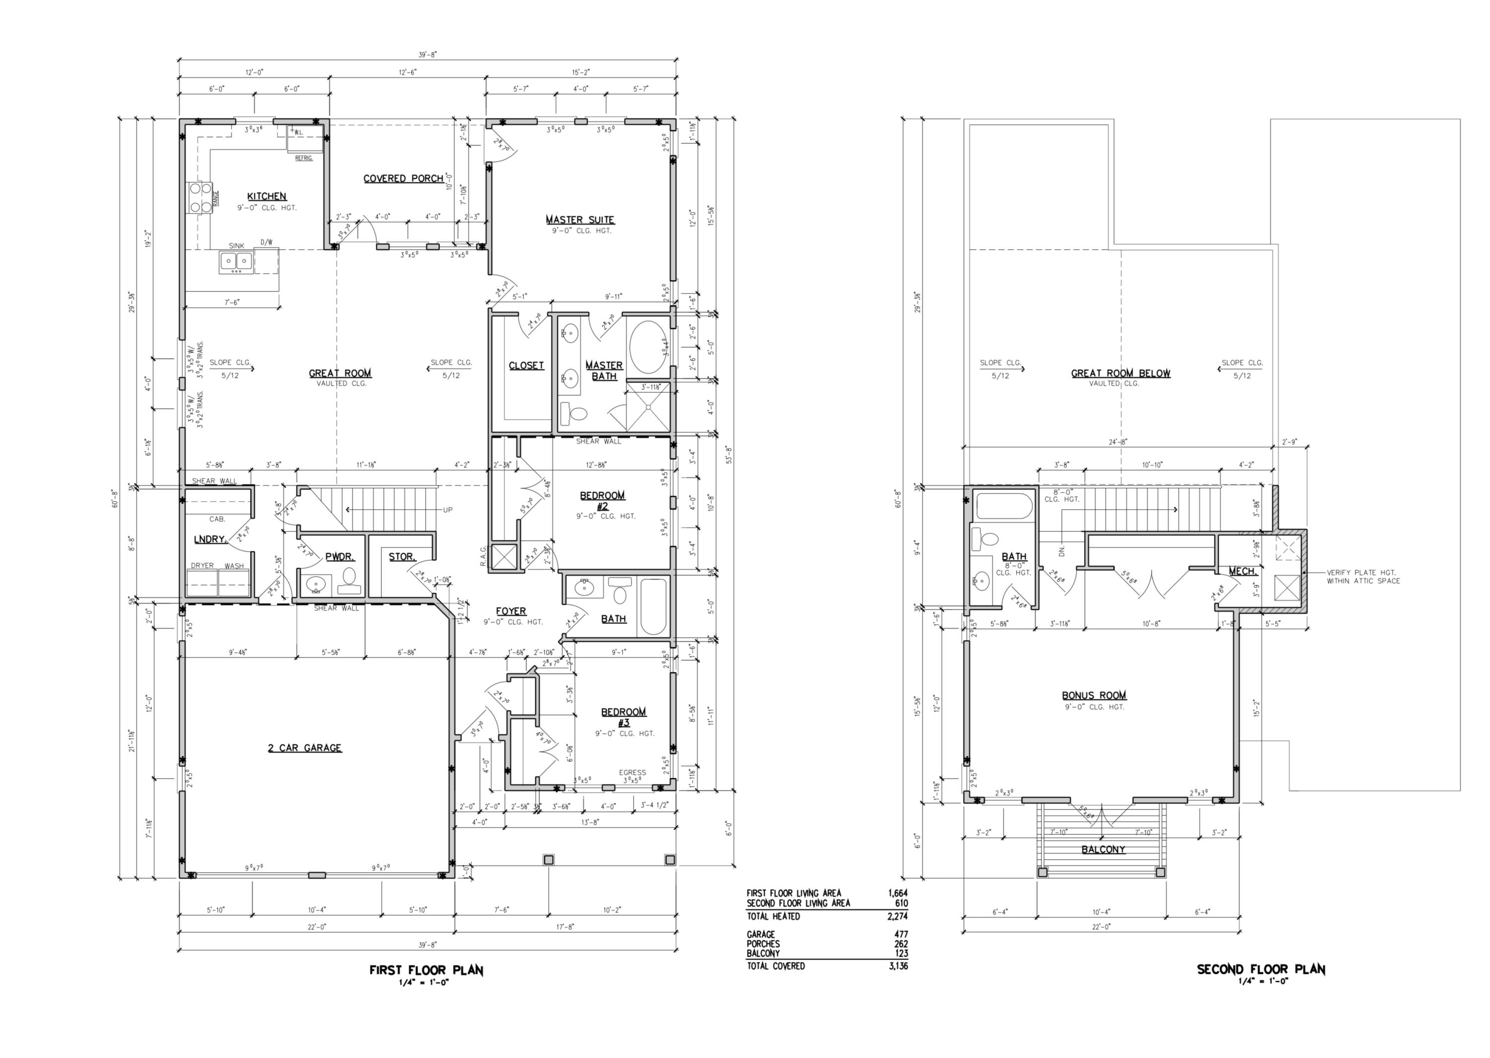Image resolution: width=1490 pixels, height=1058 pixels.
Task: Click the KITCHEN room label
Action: click(x=266, y=196)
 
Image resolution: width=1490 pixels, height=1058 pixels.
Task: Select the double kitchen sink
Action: click(x=236, y=262)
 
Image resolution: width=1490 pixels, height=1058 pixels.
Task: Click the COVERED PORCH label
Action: click(x=403, y=178)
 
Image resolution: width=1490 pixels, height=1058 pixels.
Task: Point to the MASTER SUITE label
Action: click(x=580, y=220)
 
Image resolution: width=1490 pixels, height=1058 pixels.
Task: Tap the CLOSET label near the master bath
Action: click(x=526, y=366)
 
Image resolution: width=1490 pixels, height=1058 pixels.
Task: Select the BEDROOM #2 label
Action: click(x=602, y=500)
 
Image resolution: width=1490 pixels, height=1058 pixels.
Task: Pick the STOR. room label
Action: click(x=402, y=556)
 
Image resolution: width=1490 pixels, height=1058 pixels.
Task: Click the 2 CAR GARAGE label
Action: click(x=304, y=748)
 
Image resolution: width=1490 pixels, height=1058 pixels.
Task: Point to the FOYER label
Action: click(x=511, y=611)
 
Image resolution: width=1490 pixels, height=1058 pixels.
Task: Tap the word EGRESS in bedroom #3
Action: click(x=632, y=773)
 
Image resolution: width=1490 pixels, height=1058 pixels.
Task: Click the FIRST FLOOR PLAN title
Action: click(x=426, y=970)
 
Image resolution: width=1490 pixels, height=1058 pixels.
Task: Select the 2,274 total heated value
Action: click(x=897, y=916)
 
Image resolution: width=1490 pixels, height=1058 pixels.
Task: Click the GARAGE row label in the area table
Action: click(x=760, y=934)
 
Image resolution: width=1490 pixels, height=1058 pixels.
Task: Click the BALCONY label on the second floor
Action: click(x=1103, y=849)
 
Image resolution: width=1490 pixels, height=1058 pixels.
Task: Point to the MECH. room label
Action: click(x=1242, y=571)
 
